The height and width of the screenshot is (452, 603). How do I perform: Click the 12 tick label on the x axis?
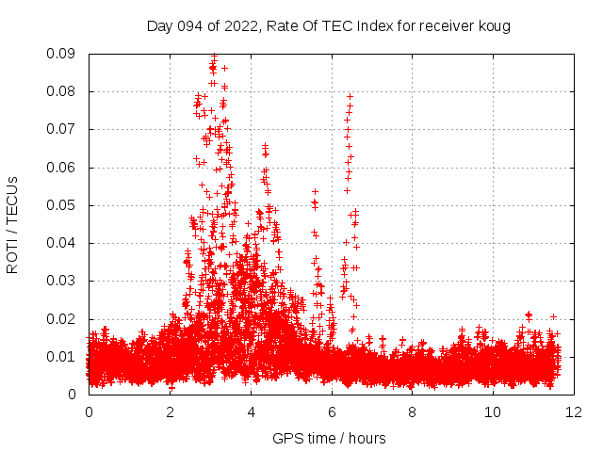574,412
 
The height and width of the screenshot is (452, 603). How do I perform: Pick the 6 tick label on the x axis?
332,412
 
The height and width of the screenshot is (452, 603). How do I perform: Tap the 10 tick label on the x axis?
493,412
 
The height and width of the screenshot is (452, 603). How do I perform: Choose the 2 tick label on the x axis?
170,412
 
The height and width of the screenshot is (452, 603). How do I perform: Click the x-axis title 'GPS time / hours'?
329,438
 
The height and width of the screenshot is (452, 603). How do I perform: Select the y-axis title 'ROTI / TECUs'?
12,224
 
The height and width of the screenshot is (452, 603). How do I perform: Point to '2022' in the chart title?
235,25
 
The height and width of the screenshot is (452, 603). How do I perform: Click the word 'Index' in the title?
361,25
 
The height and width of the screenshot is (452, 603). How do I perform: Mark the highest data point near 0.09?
214,56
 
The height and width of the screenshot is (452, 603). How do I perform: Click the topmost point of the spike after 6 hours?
350,96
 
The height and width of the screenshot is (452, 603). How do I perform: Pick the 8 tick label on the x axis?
412,412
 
